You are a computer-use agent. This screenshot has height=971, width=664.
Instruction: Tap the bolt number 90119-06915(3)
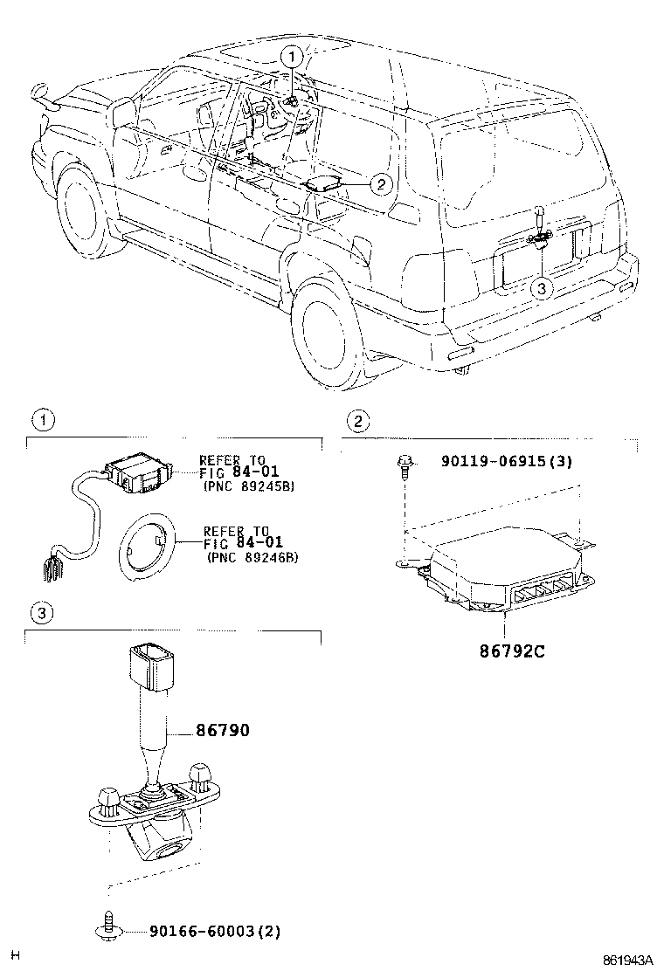(496, 461)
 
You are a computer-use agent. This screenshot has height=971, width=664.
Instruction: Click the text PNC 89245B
(248, 486)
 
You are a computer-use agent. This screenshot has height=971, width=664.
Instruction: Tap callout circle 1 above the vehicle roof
(292, 57)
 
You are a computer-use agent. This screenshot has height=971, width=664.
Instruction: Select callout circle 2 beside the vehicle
(381, 183)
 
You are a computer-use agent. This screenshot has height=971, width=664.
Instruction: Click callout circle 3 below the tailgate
(541, 287)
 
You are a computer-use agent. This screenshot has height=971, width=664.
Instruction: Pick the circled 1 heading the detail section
(39, 421)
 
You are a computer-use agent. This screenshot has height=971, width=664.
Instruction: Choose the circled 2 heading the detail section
(356, 421)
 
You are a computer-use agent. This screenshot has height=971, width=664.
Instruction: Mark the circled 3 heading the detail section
(39, 614)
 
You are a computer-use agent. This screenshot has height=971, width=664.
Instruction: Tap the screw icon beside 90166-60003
(107, 929)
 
